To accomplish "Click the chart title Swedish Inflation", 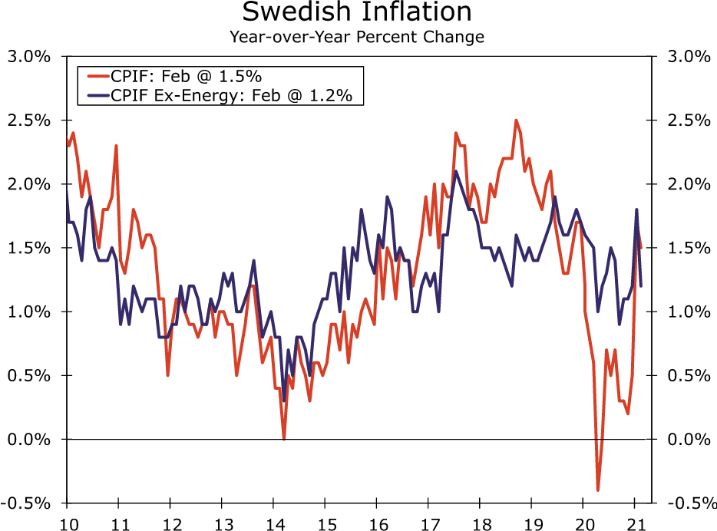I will pos(357,12).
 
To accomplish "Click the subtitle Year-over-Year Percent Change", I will pos(357,36).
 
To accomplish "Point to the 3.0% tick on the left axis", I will pos(29,57).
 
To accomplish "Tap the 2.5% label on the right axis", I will pos(688,120).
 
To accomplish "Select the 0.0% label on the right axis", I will pos(688,439).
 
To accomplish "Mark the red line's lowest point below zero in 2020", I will pos(597,490).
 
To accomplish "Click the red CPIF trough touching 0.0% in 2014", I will pos(284,438).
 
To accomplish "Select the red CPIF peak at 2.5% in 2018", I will pos(516,120).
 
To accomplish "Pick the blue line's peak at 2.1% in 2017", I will pos(455,171).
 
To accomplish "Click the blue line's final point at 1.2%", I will pos(641,285).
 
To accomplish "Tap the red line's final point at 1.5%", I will pos(641,248).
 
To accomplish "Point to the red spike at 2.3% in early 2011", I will pos(116,146).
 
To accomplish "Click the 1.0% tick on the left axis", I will pos(29,312).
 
